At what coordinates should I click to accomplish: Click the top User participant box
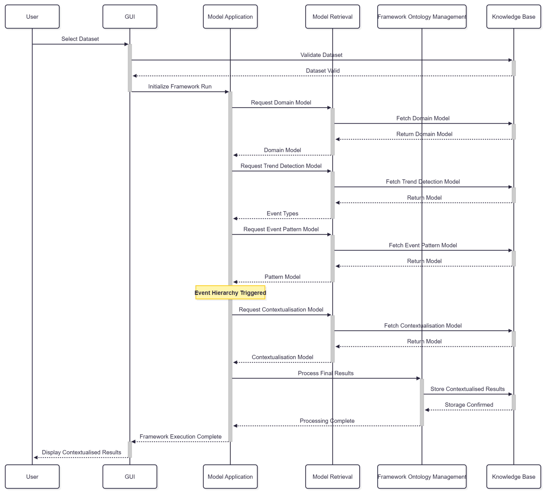pyautogui.click(x=32, y=17)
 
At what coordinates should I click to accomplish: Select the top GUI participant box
pyautogui.click(x=130, y=17)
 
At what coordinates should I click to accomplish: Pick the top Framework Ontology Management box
pyautogui.click(x=422, y=17)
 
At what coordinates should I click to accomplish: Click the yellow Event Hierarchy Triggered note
pyautogui.click(x=230, y=293)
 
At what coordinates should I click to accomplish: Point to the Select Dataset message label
pyautogui.click(x=80, y=39)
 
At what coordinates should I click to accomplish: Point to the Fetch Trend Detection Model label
pyautogui.click(x=423, y=182)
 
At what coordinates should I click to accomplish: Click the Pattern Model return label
pyautogui.click(x=282, y=277)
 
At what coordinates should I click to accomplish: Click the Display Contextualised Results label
pyautogui.click(x=82, y=452)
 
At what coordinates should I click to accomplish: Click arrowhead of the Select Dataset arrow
pyautogui.click(x=126, y=44)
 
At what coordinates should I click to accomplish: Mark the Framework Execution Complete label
pyautogui.click(x=180, y=436)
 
